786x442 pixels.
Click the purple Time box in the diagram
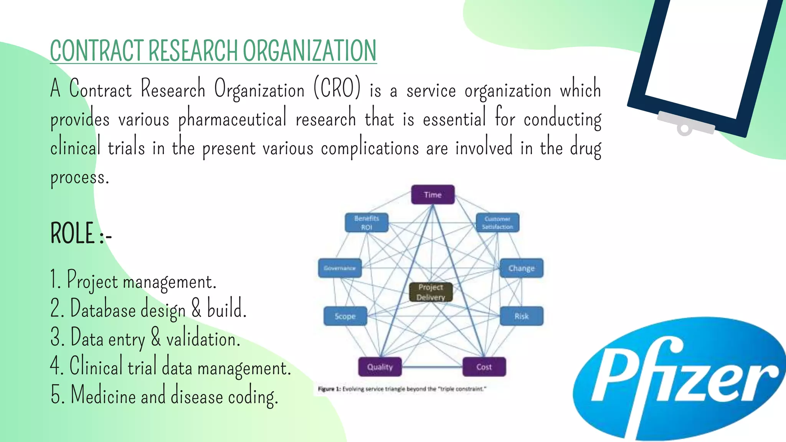coord(433,195)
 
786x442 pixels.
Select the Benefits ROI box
coord(367,223)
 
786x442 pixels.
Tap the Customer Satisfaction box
coord(497,223)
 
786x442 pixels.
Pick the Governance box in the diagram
coord(340,268)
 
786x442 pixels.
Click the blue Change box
coord(521,268)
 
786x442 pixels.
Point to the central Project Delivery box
coord(431,292)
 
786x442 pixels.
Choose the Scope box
coord(345,316)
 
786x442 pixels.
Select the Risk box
coord(521,316)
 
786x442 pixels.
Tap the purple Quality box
coord(380,367)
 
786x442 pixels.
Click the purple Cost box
coord(484,367)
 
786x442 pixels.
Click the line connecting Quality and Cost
coord(432,367)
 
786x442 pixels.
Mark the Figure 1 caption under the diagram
coord(402,389)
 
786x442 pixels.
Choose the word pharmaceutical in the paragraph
coord(232,119)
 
